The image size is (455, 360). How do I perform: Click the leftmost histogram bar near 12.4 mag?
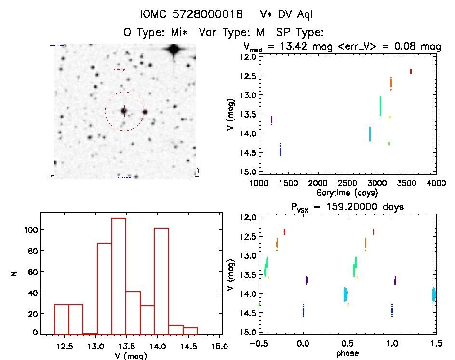click(x=61, y=318)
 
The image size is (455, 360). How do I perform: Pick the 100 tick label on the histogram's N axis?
click(x=30, y=230)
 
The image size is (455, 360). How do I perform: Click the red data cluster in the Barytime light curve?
click(x=411, y=71)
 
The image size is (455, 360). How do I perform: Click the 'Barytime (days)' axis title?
click(x=348, y=192)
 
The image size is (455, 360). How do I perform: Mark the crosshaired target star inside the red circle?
click(x=124, y=111)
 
